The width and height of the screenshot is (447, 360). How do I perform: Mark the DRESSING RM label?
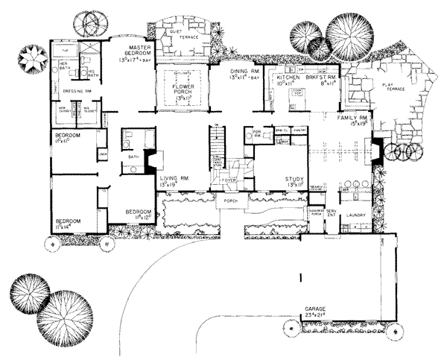(77, 91)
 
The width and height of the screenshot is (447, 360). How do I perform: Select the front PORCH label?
(230, 200)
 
